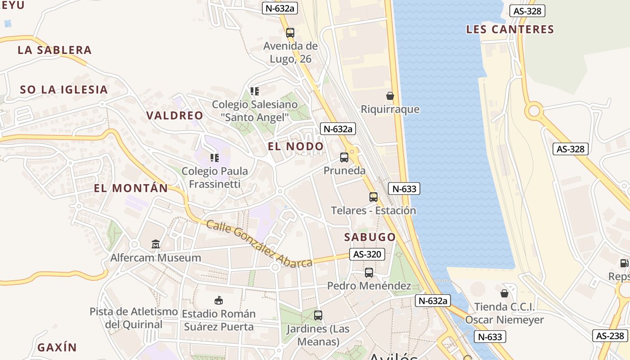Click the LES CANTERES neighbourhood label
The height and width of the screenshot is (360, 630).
[510, 30]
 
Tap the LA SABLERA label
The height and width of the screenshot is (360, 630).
[54, 50]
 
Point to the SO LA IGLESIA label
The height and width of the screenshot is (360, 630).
[64, 90]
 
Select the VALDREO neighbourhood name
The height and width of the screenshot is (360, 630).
[175, 116]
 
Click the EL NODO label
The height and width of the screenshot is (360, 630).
[296, 146]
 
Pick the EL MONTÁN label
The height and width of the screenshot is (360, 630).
[131, 188]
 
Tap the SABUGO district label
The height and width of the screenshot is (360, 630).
[370, 237]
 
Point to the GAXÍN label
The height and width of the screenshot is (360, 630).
[57, 347]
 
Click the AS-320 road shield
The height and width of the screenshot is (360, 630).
[367, 254]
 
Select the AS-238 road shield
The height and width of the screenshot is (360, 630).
[610, 336]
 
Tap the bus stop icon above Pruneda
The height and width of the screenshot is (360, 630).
[344, 157]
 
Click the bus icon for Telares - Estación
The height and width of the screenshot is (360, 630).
[373, 197]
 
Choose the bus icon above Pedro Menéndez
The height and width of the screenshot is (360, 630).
[369, 273]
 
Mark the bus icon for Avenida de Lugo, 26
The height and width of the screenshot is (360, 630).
[290, 32]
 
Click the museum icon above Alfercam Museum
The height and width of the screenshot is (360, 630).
[156, 244]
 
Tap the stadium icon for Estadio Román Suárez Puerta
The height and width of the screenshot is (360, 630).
[219, 300]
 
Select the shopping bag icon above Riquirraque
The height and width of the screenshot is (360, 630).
[390, 96]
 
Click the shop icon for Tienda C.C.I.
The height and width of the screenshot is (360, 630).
[504, 293]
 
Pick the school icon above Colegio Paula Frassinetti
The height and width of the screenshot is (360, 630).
[215, 158]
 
